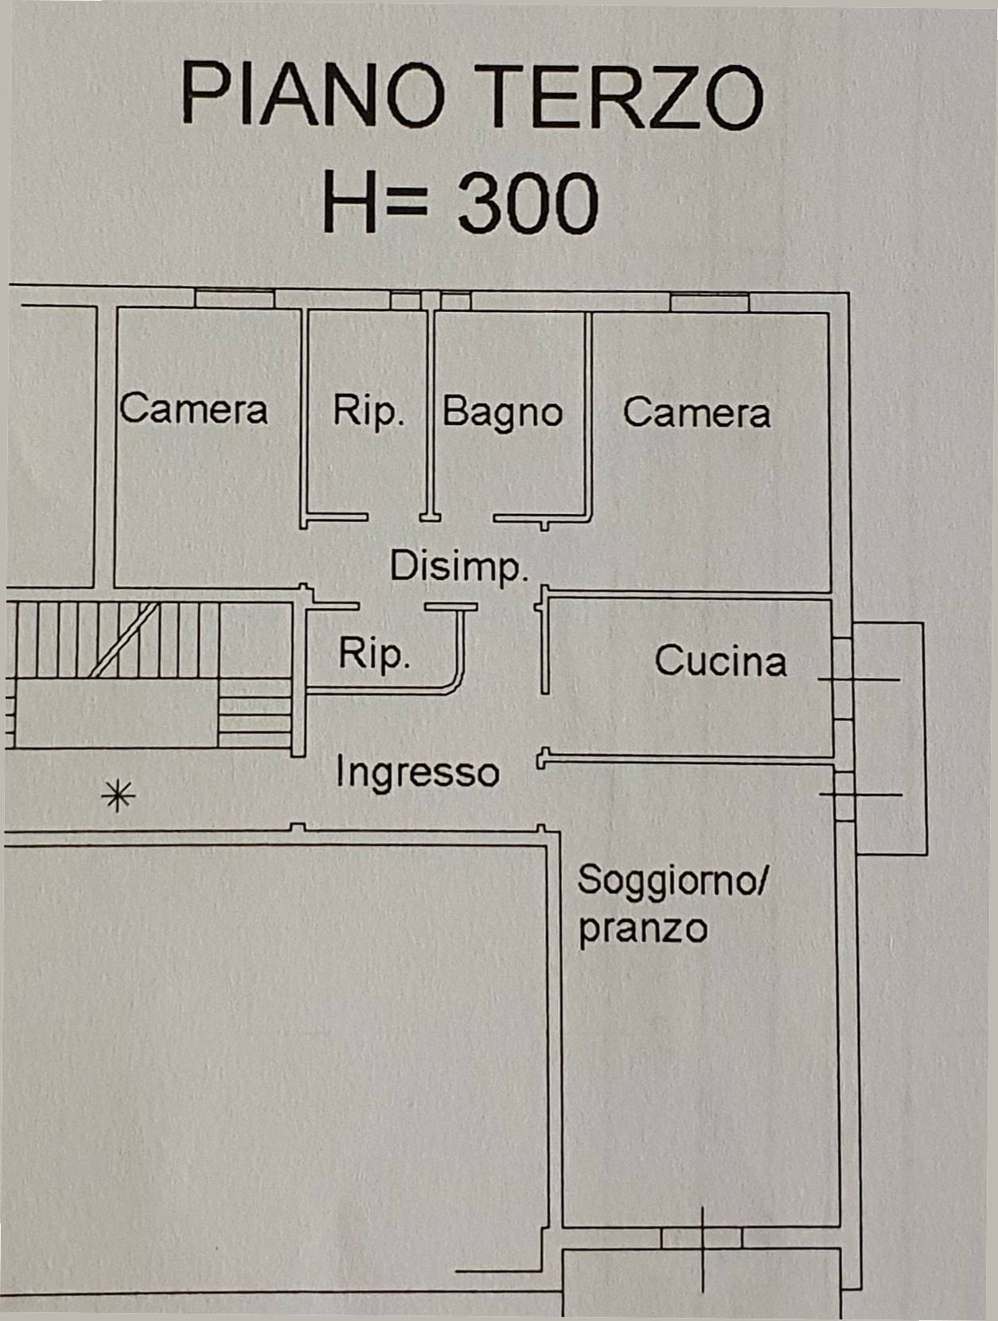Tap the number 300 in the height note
tap(528, 203)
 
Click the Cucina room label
tap(720, 661)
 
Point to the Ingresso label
tap(417, 772)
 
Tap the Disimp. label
tap(459, 567)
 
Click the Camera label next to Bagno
tap(696, 412)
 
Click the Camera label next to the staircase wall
tap(193, 409)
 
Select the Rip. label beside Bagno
tap(368, 411)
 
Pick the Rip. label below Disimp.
tap(374, 654)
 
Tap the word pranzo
tap(642, 929)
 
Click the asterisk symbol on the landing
tap(119, 795)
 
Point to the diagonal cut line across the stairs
tap(123, 640)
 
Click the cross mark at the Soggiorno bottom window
tap(702, 1238)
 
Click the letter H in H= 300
tap(349, 203)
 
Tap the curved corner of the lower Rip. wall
tap(455, 684)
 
